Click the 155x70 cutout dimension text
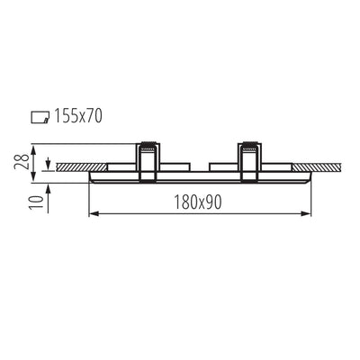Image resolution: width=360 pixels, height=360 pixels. pos(78,116)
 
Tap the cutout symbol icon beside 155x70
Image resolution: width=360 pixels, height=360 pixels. pos(40,117)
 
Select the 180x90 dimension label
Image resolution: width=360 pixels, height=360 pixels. pos(198,202)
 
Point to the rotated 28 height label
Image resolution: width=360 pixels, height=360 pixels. pos(22,162)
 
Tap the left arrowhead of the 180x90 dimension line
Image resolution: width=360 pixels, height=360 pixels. pos(94,213)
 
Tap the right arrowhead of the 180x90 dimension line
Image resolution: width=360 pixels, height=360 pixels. pos(306,213)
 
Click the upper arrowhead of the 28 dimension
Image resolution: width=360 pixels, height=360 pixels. pos(34,149)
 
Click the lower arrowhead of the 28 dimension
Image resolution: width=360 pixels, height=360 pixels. pos(34,177)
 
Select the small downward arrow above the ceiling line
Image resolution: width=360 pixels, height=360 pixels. pos(48,165)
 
